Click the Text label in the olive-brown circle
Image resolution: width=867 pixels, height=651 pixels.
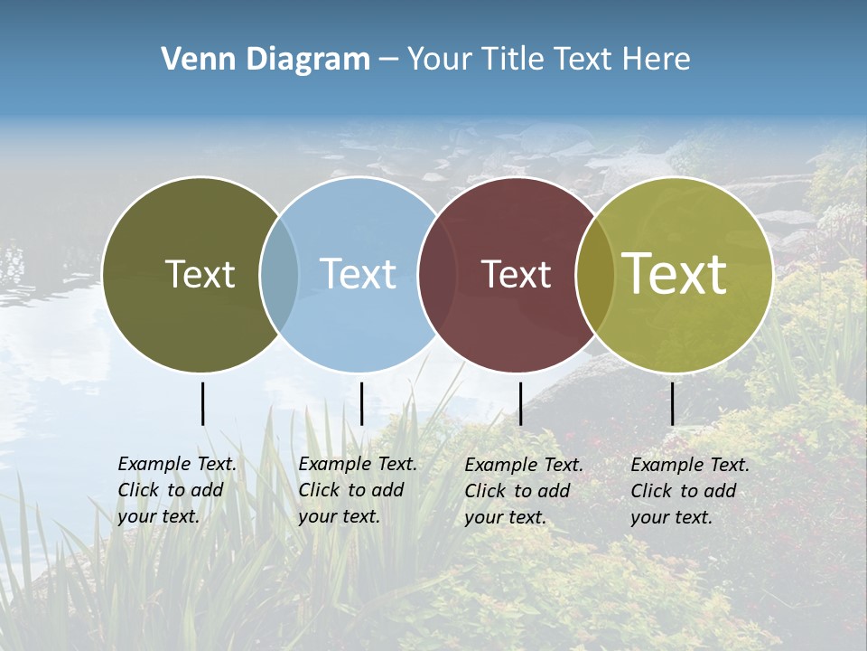click(200, 275)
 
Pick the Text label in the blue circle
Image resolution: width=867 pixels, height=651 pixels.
click(358, 275)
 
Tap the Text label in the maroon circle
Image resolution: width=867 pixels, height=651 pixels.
click(516, 275)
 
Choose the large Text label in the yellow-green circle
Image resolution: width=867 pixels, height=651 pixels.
click(675, 274)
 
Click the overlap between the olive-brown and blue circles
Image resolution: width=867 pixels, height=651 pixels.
click(279, 275)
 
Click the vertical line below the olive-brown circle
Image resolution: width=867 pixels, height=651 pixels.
click(202, 403)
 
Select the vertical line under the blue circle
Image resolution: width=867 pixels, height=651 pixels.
click(361, 403)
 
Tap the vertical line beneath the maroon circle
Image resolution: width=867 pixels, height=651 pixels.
click(520, 403)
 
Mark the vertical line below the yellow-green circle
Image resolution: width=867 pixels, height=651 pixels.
click(672, 403)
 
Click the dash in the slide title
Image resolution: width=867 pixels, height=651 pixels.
click(388, 61)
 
